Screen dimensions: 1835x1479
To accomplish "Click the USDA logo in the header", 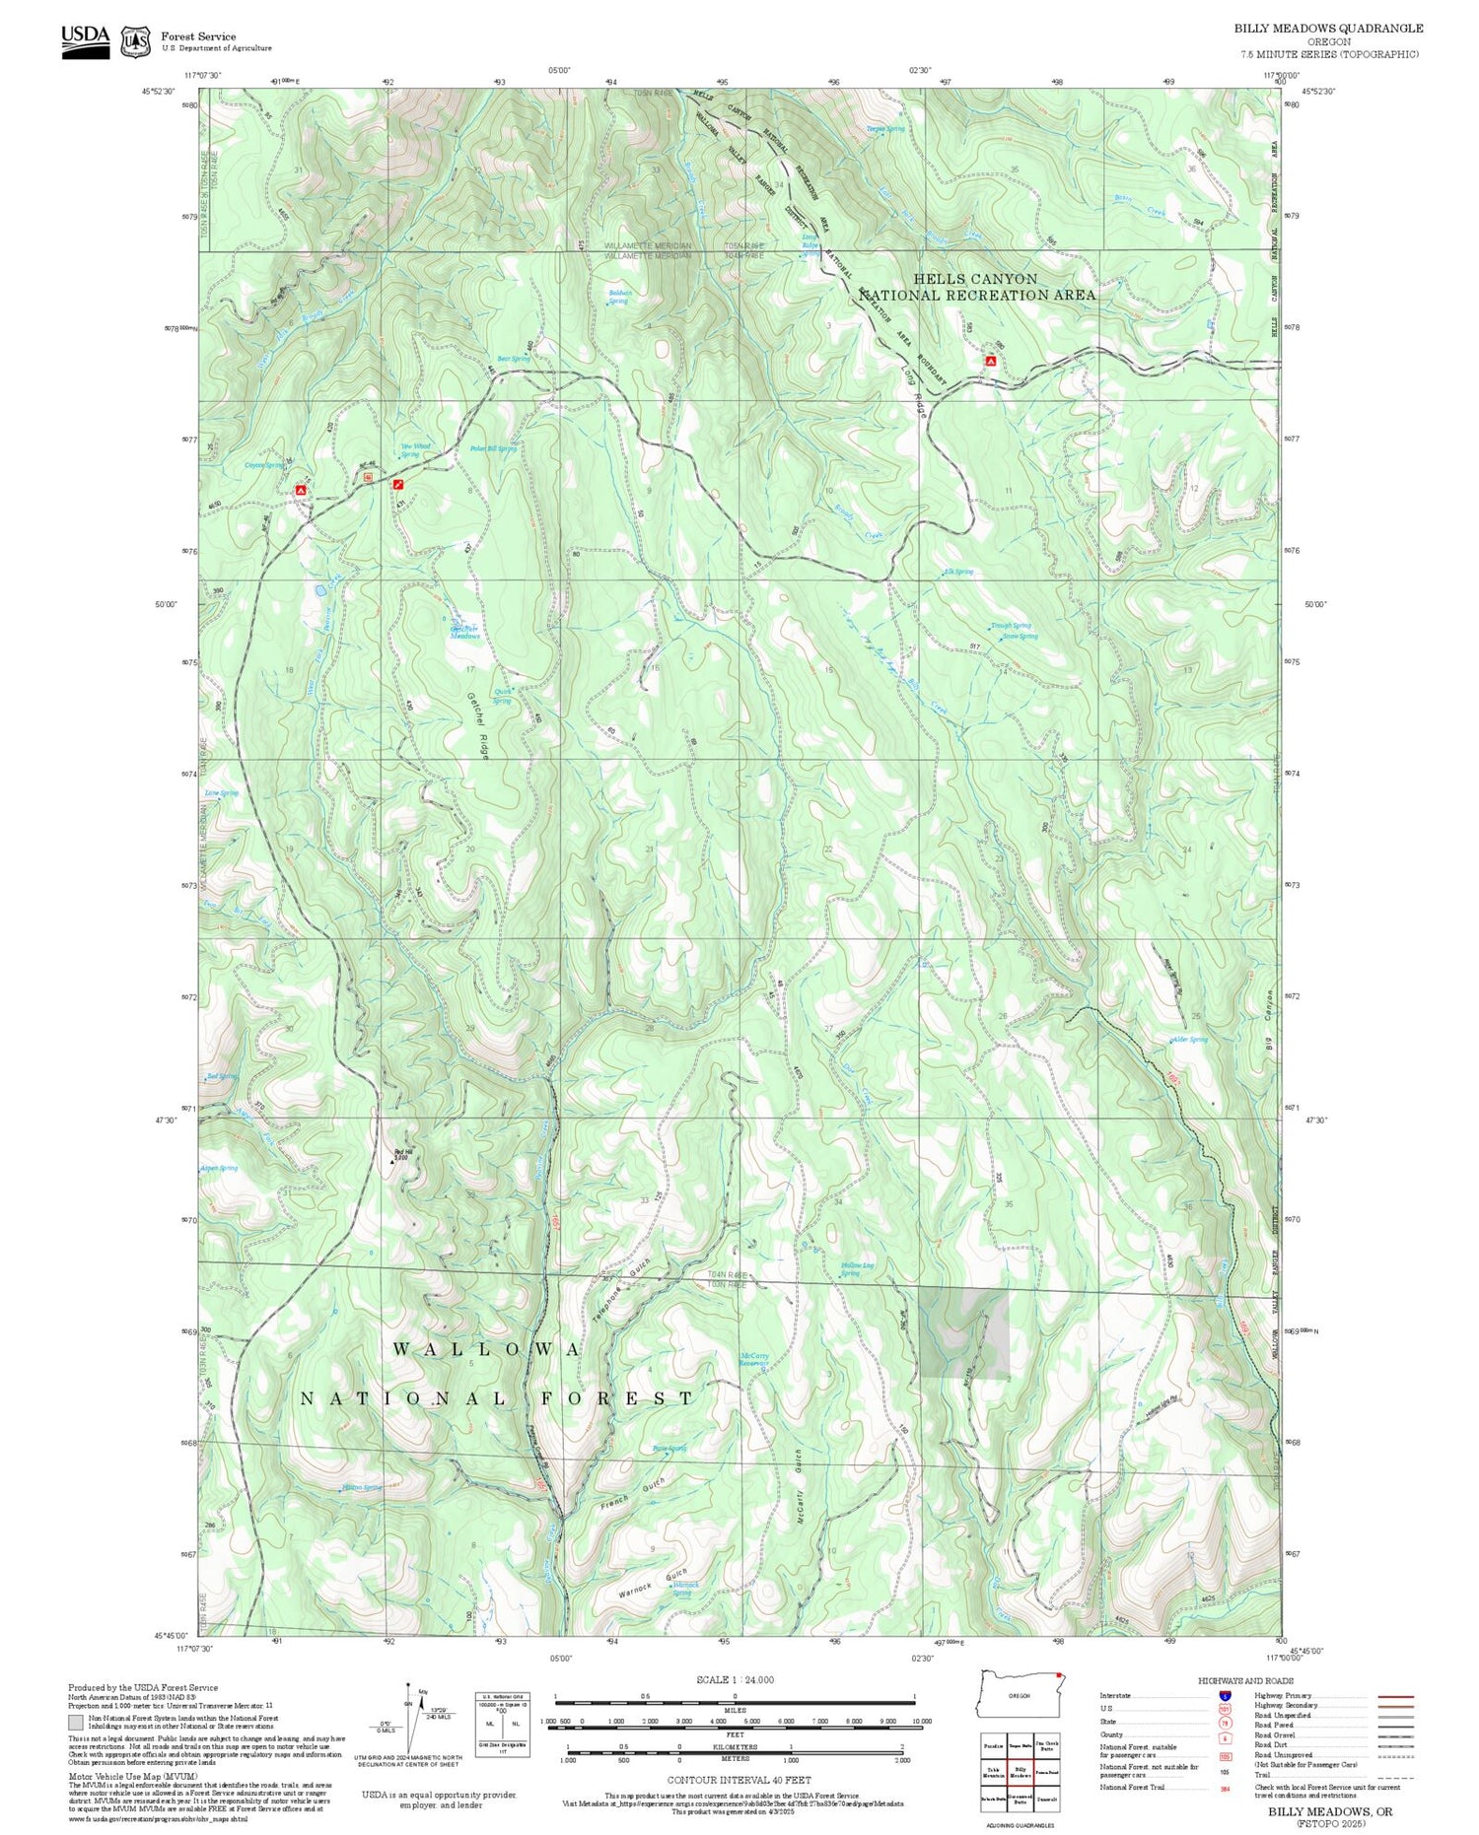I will pyautogui.click(x=86, y=41).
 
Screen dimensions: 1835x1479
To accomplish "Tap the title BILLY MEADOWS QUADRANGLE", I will pyautogui.click(x=1328, y=29).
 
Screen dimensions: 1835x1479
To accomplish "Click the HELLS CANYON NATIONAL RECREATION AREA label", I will pyautogui.click(x=976, y=287).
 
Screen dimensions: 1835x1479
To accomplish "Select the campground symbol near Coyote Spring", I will pyautogui.click(x=301, y=490).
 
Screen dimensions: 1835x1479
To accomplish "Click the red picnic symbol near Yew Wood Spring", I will pyautogui.click(x=397, y=484).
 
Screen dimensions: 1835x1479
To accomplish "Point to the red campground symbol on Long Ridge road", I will pyautogui.click(x=990, y=362).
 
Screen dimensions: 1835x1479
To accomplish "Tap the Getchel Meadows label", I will pyautogui.click(x=464, y=633).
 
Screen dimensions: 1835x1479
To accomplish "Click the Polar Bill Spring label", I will pyautogui.click(x=492, y=448).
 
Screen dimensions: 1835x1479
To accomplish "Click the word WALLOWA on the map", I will pyautogui.click(x=487, y=1349).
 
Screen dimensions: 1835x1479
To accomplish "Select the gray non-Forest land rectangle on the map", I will pyautogui.click(x=963, y=1331).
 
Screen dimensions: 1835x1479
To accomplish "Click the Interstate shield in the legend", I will pyautogui.click(x=1225, y=1695).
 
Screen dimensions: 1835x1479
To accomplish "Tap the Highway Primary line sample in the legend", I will pyautogui.click(x=1391, y=1696).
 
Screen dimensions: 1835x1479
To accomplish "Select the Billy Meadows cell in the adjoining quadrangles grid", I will pyautogui.click(x=1020, y=1771).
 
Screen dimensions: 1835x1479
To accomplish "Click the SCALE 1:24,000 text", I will pyautogui.click(x=735, y=1679).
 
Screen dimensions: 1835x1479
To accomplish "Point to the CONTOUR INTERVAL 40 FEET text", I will pyautogui.click(x=739, y=1780).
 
